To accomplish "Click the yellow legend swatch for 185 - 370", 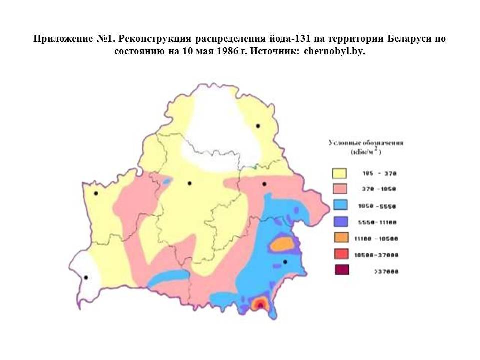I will (340, 173).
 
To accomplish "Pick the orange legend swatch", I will (340, 238).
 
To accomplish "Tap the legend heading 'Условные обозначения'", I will (366, 143).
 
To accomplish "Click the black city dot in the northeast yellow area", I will (258, 126).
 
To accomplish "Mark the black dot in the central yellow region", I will (189, 183).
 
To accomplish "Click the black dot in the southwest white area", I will (86, 277).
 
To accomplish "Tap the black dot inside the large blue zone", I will (285, 262).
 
